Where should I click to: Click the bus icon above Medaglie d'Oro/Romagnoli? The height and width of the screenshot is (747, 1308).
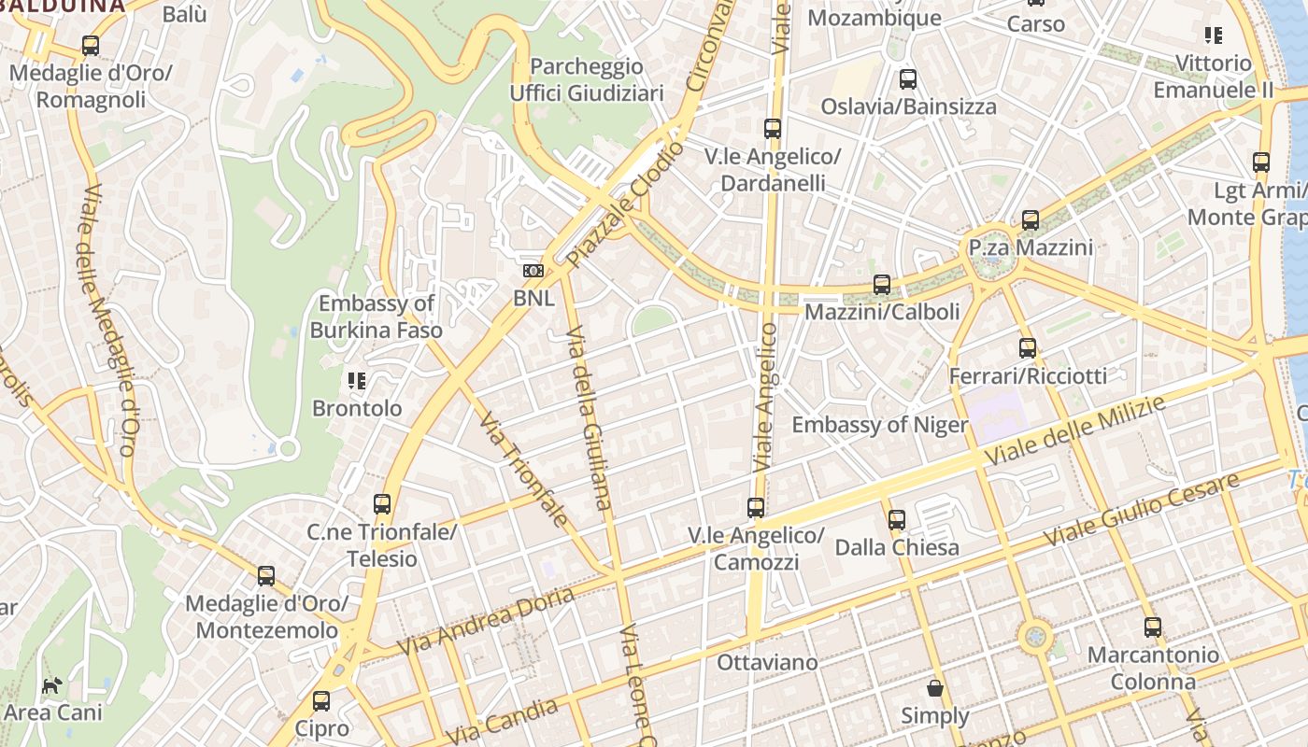click(x=91, y=45)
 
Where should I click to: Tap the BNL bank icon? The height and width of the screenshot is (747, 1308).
click(x=533, y=271)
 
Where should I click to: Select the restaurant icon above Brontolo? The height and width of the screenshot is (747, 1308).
click(x=356, y=380)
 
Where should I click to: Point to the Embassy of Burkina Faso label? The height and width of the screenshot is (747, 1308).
click(x=377, y=317)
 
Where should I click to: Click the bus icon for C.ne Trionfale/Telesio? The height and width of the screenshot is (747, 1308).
click(x=382, y=504)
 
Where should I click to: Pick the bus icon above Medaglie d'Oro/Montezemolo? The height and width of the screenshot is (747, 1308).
click(x=266, y=575)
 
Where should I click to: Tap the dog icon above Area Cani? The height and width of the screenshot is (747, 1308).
click(x=51, y=685)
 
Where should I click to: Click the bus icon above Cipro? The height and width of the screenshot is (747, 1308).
click(x=321, y=700)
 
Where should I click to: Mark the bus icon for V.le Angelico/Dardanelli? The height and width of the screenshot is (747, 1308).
click(x=772, y=129)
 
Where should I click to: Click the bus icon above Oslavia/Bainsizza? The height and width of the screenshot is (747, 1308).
click(x=907, y=79)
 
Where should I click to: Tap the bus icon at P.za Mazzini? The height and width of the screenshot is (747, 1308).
click(x=1031, y=220)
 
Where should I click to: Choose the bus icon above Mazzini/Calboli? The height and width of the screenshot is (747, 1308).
click(x=882, y=285)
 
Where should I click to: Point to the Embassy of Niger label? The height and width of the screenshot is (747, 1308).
click(x=880, y=425)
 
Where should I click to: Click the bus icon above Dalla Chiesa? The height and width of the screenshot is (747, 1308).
click(x=897, y=519)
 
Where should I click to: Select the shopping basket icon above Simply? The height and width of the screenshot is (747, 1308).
click(x=935, y=688)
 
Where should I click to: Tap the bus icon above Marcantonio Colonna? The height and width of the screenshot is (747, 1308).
click(x=1153, y=627)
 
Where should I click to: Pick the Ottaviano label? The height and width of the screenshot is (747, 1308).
click(x=767, y=662)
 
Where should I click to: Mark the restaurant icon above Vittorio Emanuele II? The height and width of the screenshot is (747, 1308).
click(x=1213, y=35)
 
